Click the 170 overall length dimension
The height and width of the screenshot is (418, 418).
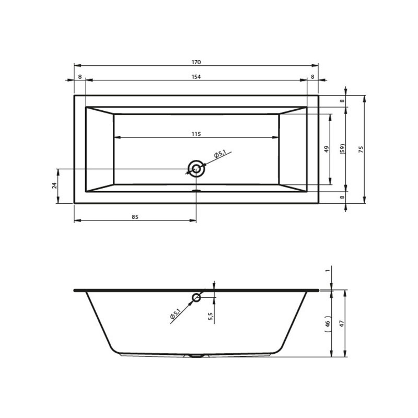pyautogui.click(x=196, y=62)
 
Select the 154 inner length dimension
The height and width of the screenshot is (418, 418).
pyautogui.click(x=196, y=77)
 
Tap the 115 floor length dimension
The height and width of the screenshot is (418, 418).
pyautogui.click(x=196, y=134)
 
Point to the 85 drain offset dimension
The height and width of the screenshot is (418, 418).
pyautogui.click(x=135, y=217)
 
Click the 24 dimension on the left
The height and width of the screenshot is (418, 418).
pyautogui.click(x=55, y=185)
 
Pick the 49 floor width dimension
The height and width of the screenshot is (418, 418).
pyautogui.click(x=327, y=149)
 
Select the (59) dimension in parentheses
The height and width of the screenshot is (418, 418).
pyautogui.click(x=343, y=149)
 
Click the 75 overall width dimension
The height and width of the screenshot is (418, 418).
pyautogui.click(x=361, y=149)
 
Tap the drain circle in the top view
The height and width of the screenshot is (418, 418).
pyautogui.click(x=196, y=169)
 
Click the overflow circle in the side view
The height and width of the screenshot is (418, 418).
pyautogui.click(x=196, y=297)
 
